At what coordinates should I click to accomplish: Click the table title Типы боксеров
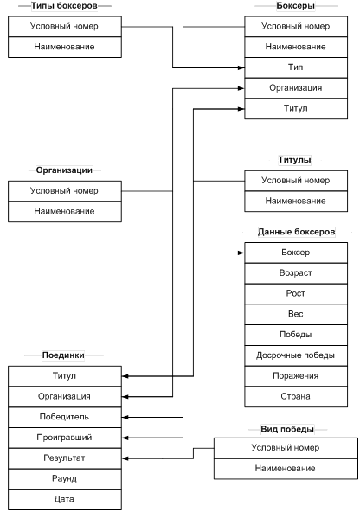coord(64,6)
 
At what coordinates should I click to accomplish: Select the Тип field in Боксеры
coord(296,67)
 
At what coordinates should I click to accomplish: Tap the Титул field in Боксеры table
coord(296,108)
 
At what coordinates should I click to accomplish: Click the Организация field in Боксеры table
coord(296,88)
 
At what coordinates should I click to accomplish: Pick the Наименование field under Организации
coord(65,212)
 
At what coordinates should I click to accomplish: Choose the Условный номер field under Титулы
coord(296,181)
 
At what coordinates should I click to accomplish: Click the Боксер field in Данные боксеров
coord(296,253)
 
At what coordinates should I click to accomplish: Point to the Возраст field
coord(296,273)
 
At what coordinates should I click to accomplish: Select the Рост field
coord(296,294)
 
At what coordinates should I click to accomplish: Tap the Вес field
coord(296,315)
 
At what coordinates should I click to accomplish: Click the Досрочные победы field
coord(296,355)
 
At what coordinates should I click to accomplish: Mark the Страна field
coord(296,397)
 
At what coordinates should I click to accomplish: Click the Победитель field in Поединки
coord(65,418)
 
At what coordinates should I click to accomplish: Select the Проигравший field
coord(65,438)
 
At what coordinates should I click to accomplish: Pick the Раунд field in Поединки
coord(65,479)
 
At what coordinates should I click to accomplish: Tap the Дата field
coord(65,500)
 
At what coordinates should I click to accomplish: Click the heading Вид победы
coord(287,429)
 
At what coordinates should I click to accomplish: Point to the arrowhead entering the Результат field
coord(125,458)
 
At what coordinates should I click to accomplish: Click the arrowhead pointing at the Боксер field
coord(241,253)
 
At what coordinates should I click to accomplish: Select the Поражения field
coord(296,376)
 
